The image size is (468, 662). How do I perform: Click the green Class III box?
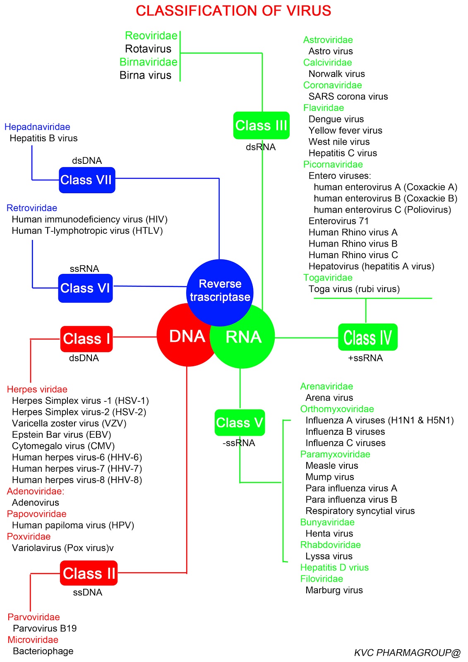pyautogui.click(x=261, y=125)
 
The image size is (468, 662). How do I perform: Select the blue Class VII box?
pyautogui.click(x=87, y=180)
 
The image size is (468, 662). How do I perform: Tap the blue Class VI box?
pyautogui.click(x=85, y=288)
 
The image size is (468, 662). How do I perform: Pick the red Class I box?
pyautogui.click(x=86, y=339)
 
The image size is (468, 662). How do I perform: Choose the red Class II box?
pyautogui.click(x=89, y=573)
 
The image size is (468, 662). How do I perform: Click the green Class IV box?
pyautogui.click(x=367, y=337)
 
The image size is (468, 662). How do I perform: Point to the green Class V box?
pyautogui.click(x=240, y=422)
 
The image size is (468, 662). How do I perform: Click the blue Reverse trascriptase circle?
pyautogui.click(x=220, y=290)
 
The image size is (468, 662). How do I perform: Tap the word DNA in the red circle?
pyautogui.click(x=187, y=336)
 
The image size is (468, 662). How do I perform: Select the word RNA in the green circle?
pyautogui.click(x=243, y=337)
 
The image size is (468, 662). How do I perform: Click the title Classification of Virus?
pyautogui.click(x=233, y=11)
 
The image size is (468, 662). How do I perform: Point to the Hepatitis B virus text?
pyautogui.click(x=43, y=138)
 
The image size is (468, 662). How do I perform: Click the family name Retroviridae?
pyautogui.click(x=32, y=208)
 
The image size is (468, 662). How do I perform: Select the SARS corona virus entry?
pyautogui.click(x=348, y=96)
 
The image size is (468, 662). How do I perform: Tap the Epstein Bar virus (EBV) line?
pyautogui.click(x=61, y=434)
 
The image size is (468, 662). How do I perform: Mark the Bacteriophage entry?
pyautogui.click(x=43, y=651)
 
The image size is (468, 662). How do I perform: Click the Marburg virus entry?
pyautogui.click(x=334, y=590)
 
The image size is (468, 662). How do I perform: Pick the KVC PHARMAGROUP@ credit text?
pyautogui.click(x=407, y=653)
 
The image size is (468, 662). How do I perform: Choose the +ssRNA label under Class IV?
pyautogui.click(x=365, y=358)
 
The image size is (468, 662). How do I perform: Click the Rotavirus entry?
pyautogui.click(x=148, y=49)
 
